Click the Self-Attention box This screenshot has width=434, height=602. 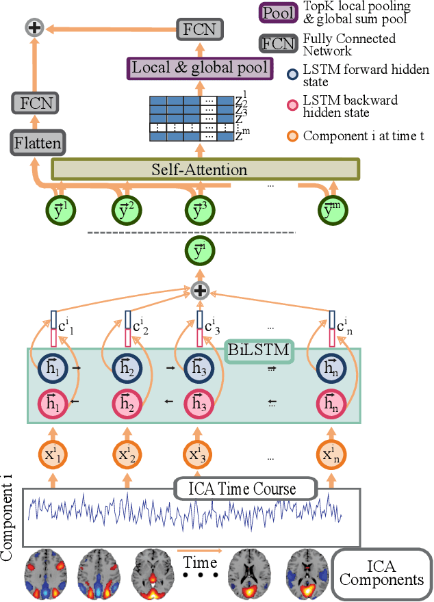pos(205,169)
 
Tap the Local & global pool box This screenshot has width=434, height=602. pos(200,67)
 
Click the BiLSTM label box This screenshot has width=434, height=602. pos(259,352)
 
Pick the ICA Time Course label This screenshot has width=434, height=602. pos(242,489)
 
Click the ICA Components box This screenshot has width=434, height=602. pos(381,573)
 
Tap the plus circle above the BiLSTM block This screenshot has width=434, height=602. pos(200,291)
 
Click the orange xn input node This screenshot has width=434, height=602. pos(333,454)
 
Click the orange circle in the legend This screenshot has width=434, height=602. pos(292,135)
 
